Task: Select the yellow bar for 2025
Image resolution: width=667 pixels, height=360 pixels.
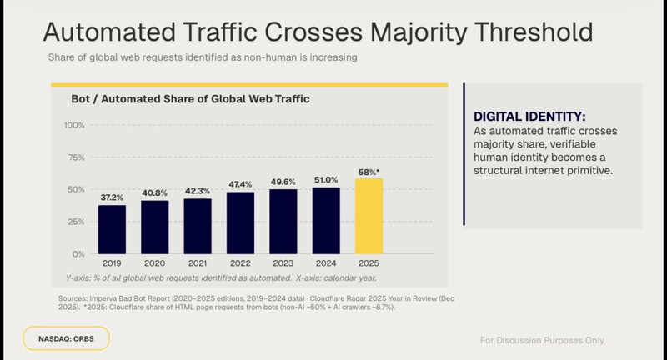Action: (x=369, y=215)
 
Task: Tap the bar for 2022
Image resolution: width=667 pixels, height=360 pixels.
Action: (x=240, y=222)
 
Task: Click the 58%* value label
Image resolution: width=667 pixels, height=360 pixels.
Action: (x=369, y=171)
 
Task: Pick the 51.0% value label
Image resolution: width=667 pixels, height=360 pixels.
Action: (x=326, y=180)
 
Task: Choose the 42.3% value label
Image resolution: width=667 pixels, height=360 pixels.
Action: (x=198, y=192)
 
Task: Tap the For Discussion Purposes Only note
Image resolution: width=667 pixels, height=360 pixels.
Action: (x=542, y=340)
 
